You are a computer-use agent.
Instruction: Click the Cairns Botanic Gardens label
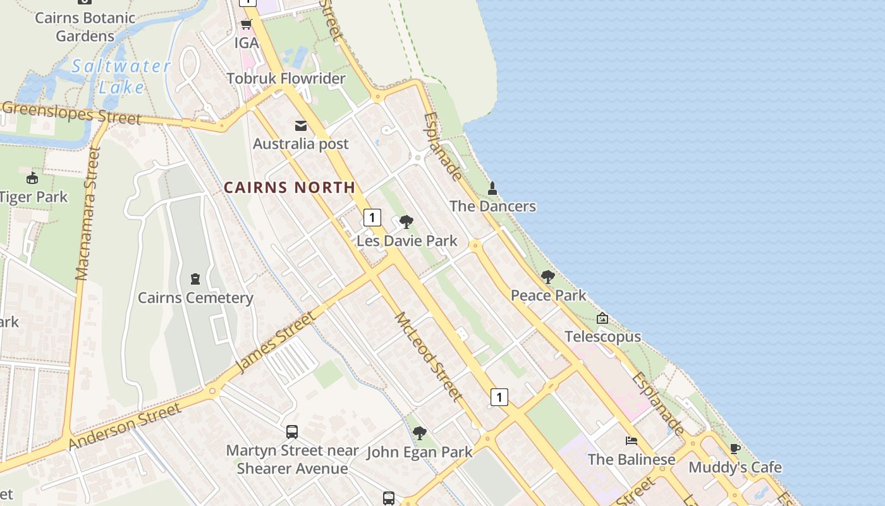click(x=85, y=27)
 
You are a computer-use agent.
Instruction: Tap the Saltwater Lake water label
click(x=121, y=76)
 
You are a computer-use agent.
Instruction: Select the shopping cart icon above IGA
click(x=246, y=25)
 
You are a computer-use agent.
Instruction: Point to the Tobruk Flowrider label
click(x=286, y=78)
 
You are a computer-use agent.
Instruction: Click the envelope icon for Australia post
click(x=301, y=126)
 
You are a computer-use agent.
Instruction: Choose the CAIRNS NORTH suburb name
click(x=290, y=187)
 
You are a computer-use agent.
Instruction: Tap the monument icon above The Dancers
click(x=492, y=188)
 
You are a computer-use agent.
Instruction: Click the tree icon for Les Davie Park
click(x=406, y=222)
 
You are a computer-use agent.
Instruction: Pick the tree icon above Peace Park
click(x=548, y=277)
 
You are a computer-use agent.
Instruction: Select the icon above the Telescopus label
click(x=602, y=318)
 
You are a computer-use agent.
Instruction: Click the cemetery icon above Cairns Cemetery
click(x=195, y=279)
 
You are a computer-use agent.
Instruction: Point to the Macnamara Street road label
click(x=87, y=213)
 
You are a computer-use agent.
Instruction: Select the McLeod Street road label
click(x=428, y=356)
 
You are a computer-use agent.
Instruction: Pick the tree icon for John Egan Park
click(x=419, y=433)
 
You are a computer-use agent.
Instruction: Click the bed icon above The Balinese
click(x=631, y=441)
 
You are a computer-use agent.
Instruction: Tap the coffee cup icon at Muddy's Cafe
click(x=735, y=449)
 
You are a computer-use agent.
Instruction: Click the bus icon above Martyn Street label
click(x=292, y=432)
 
